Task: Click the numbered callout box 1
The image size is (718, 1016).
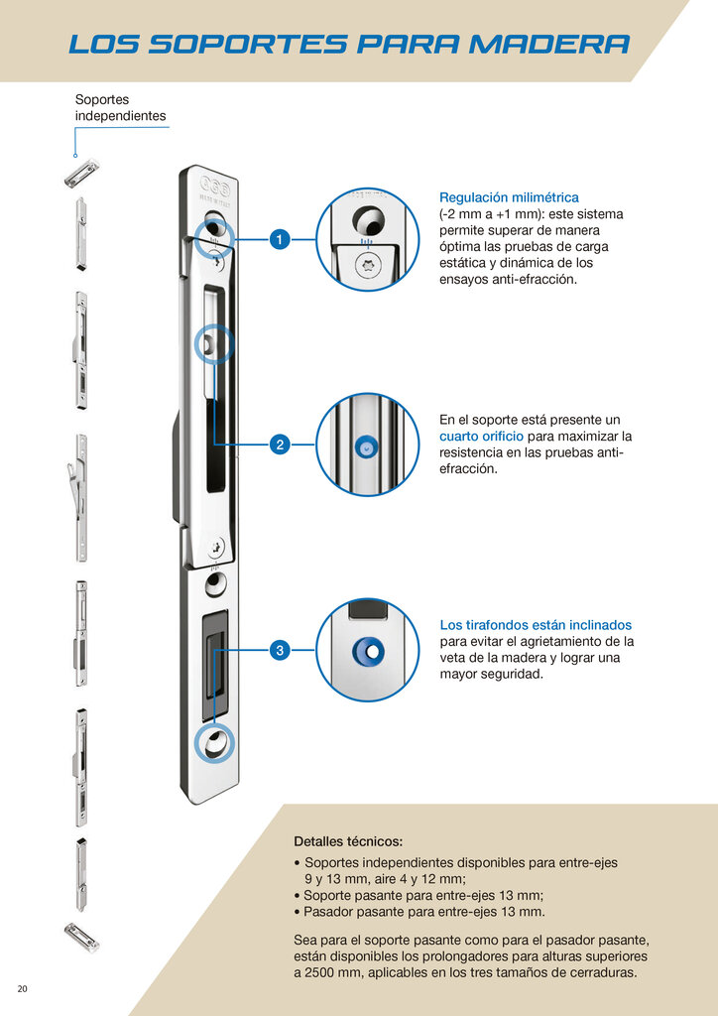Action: pyautogui.click(x=280, y=240)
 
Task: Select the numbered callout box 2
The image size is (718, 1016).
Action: pyautogui.click(x=280, y=445)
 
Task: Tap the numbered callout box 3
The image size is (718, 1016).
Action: pyautogui.click(x=280, y=650)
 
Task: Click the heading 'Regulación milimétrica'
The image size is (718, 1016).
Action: pyautogui.click(x=509, y=197)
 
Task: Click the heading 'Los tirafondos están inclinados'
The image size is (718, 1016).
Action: pyautogui.click(x=536, y=625)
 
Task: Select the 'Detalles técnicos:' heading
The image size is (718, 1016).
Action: pyautogui.click(x=348, y=841)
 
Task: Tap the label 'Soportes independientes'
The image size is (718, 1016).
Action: pyautogui.click(x=120, y=108)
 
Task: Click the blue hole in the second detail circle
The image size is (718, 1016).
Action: pyautogui.click(x=368, y=449)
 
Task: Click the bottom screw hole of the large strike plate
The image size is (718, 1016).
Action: pyautogui.click(x=213, y=743)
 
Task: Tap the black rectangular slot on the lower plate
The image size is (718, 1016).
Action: pyautogui.click(x=214, y=666)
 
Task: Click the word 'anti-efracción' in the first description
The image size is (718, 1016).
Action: pyautogui.click(x=535, y=280)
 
